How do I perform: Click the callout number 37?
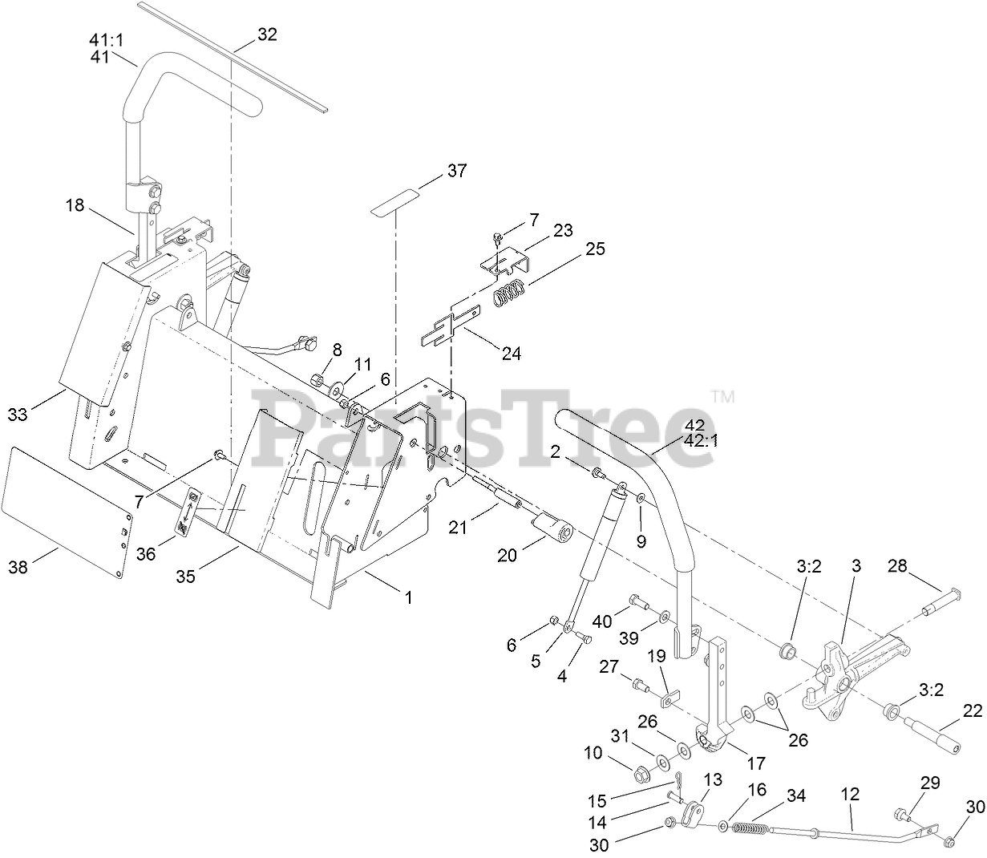point(457,171)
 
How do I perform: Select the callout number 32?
point(267,34)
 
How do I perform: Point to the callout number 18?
point(75,205)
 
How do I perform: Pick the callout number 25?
point(594,249)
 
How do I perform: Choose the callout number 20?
point(508,554)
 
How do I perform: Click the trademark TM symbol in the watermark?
point(723,395)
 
